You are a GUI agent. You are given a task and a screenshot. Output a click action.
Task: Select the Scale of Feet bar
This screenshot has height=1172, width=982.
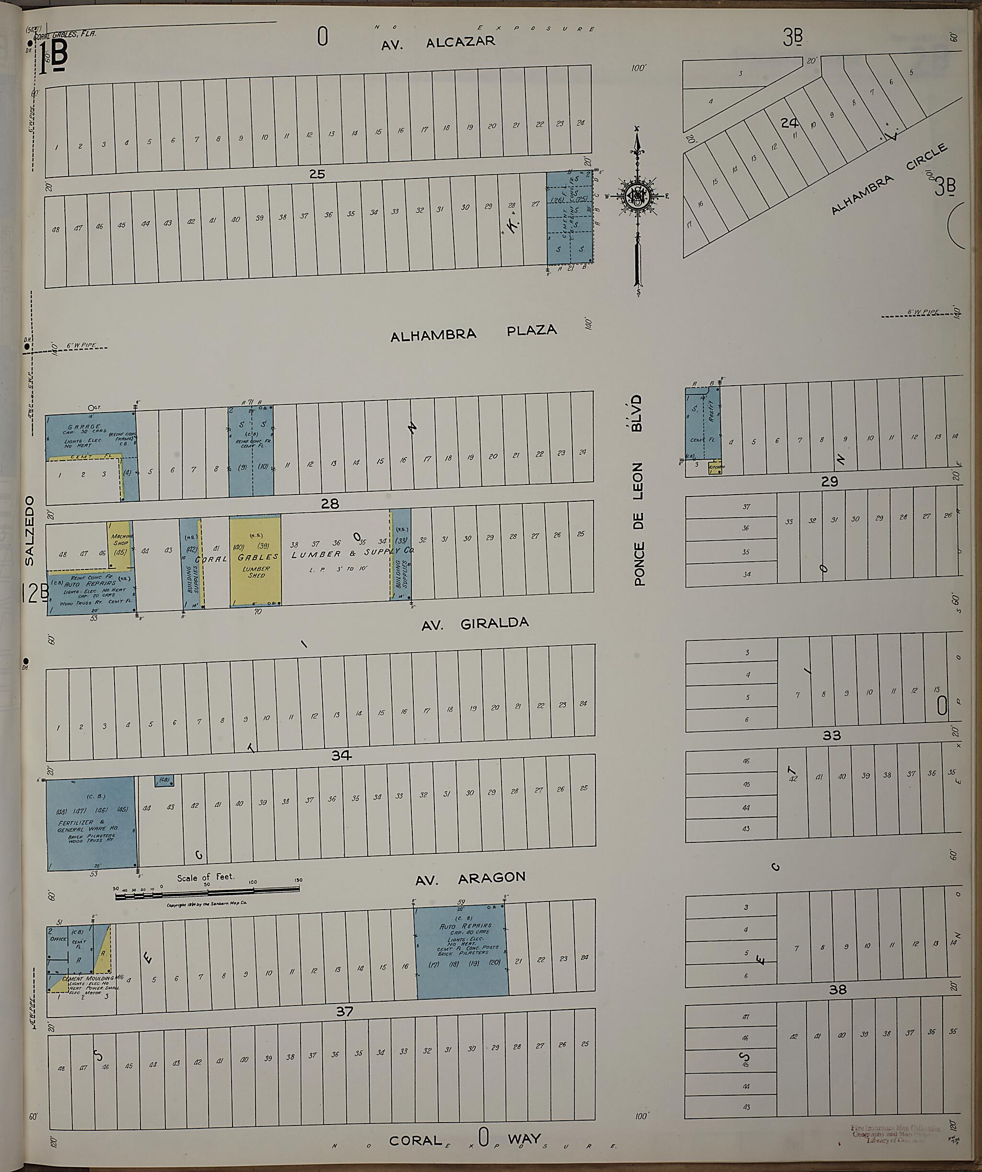click(207, 896)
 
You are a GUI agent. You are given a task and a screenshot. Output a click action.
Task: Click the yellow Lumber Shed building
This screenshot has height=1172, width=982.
click(255, 560)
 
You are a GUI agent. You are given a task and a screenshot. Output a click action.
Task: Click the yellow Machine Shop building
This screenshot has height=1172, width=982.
click(120, 539)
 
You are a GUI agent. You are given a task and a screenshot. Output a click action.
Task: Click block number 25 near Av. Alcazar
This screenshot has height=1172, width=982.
click(316, 174)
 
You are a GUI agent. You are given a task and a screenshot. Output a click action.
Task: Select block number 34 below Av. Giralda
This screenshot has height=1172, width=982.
click(341, 755)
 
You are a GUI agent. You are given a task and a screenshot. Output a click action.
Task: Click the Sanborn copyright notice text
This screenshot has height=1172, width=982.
click(207, 905)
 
